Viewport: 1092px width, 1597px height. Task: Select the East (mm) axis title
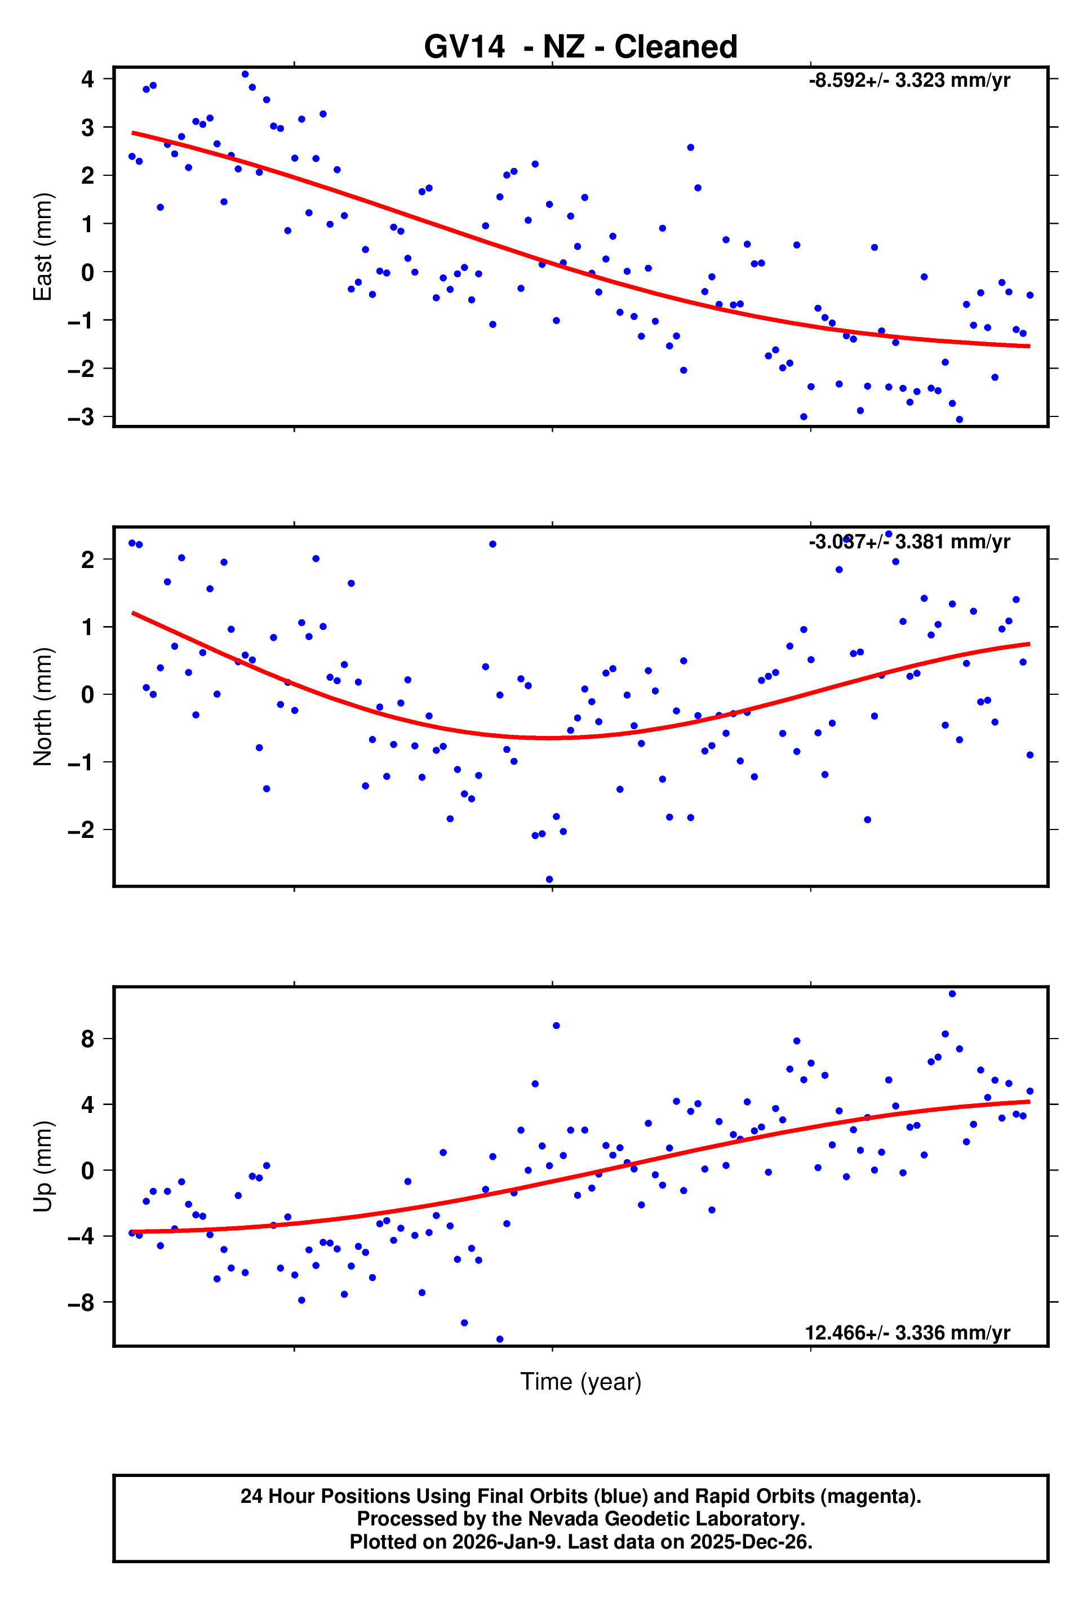pos(43,247)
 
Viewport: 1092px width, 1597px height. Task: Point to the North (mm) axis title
pos(43,707)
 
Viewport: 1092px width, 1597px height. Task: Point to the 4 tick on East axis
pos(87,79)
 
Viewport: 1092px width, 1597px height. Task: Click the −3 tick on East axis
pos(81,417)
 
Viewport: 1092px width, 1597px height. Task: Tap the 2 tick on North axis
pos(87,560)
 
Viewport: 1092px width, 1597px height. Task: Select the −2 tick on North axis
pos(81,830)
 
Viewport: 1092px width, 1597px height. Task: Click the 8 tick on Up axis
pos(87,1039)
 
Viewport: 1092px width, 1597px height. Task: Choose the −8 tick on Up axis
pos(81,1302)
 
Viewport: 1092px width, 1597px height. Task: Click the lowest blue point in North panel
pos(549,880)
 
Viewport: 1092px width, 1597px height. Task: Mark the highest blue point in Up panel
pos(952,993)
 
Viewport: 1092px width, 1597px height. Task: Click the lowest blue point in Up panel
pos(500,1339)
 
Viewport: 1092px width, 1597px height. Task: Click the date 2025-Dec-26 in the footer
pos(751,1542)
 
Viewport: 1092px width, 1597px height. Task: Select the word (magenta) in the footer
pos(880,1496)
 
